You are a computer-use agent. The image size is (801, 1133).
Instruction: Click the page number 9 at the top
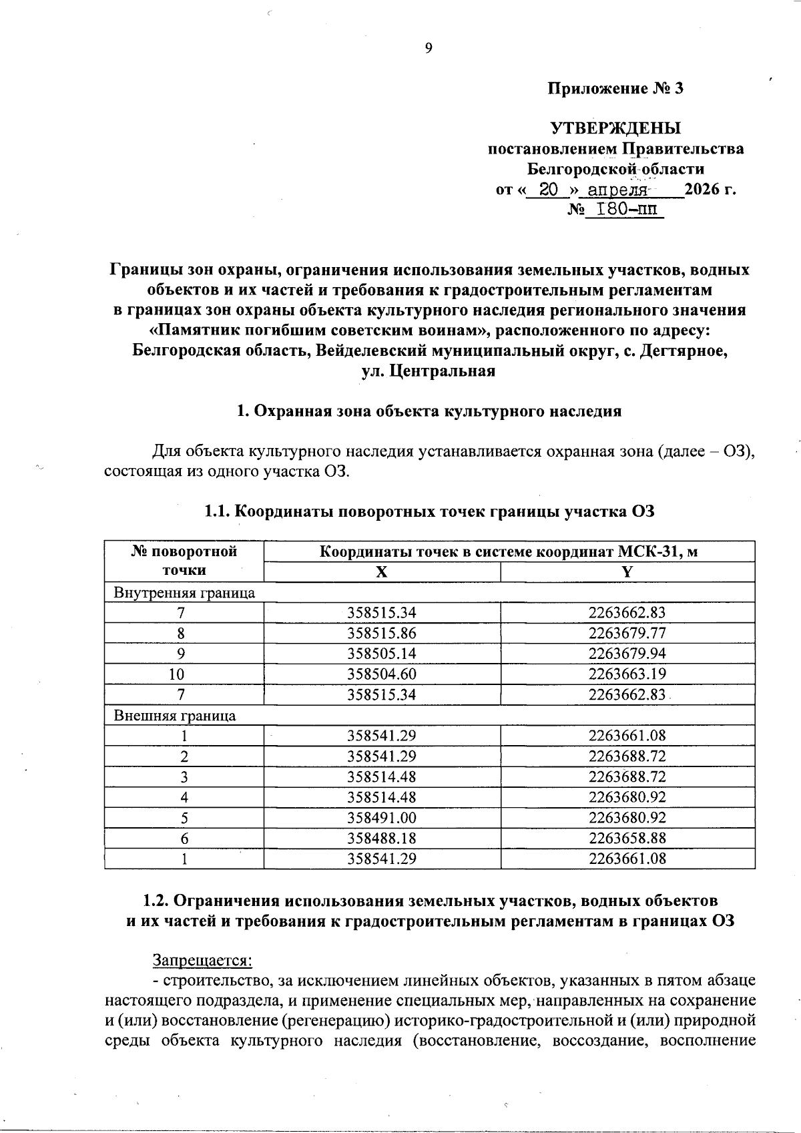tap(429, 47)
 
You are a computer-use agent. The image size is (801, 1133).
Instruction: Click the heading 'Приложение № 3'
tap(615, 88)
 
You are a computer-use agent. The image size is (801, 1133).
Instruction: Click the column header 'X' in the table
tap(381, 572)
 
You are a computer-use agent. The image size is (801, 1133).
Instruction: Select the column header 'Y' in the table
tap(627, 572)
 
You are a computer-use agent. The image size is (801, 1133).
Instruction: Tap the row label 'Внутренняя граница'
tap(184, 592)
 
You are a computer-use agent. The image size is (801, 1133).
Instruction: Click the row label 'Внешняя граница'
tap(175, 716)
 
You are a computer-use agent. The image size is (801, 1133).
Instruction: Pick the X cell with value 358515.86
tap(382, 633)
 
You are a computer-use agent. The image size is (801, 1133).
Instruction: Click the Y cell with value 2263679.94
tap(627, 654)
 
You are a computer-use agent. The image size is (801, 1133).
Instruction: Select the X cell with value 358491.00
tap(382, 818)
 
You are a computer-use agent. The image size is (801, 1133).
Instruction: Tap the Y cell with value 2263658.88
tap(627, 838)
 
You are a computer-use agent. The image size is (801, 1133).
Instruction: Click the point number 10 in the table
tap(184, 674)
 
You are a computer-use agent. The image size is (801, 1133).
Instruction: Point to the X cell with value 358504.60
tap(382, 674)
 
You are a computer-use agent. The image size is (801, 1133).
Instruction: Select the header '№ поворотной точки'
tap(184, 561)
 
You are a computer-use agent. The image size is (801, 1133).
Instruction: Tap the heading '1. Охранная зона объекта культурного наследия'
tap(429, 411)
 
